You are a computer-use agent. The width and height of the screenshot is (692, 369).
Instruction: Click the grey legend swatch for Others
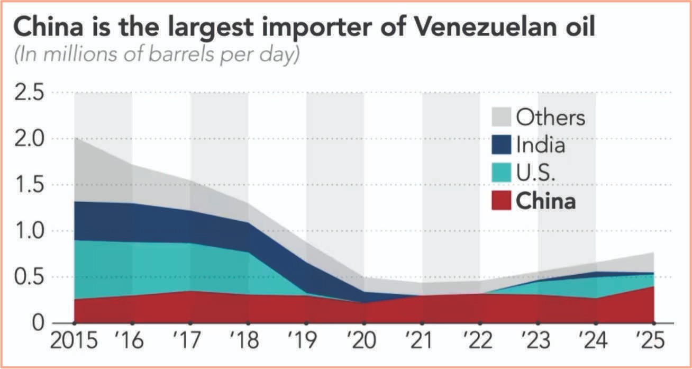coord(501,117)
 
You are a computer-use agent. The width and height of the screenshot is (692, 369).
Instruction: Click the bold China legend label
coord(546,201)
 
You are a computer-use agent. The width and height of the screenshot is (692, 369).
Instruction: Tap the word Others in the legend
coord(551,117)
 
